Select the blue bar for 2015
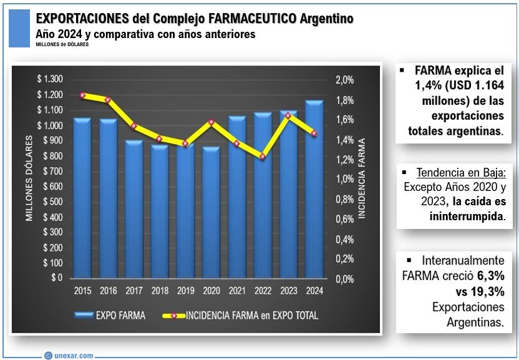(x=82, y=200)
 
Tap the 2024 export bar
(x=314, y=190)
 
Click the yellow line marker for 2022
(x=263, y=157)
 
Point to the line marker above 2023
(x=288, y=115)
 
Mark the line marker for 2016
(x=108, y=100)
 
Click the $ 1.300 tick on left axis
(x=50, y=79)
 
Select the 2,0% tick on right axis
(x=345, y=80)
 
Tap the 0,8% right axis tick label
(x=345, y=200)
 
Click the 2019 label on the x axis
(x=185, y=291)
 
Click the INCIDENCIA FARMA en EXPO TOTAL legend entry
(x=243, y=315)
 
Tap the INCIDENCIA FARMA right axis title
(x=362, y=179)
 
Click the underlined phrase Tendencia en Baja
(x=453, y=172)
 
